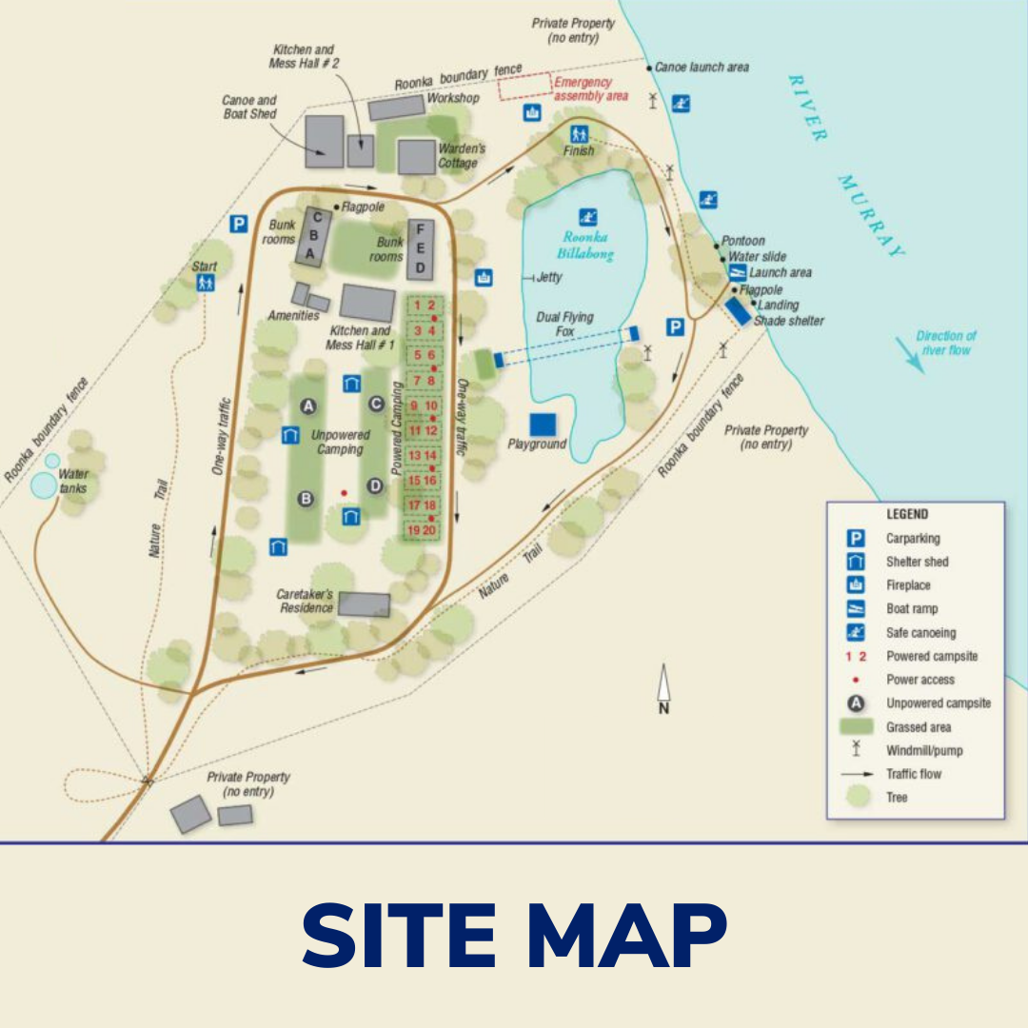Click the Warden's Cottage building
416,157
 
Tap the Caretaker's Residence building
365,604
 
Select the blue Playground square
544,425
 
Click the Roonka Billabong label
585,246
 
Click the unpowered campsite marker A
307,406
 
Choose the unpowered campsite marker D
375,485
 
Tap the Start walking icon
205,283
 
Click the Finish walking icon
579,134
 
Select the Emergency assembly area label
590,89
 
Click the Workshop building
396,108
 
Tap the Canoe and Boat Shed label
249,107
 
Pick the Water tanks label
73,481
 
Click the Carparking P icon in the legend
856,539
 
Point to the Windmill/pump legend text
924,750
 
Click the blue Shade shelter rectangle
738,311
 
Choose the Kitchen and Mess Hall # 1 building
367,304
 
